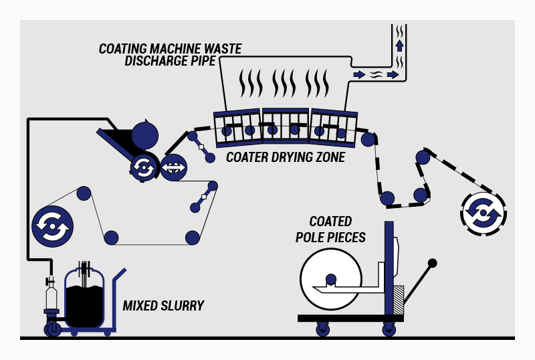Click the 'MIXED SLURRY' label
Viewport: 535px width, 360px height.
(163, 306)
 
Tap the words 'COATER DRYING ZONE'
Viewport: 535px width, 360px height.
(286, 158)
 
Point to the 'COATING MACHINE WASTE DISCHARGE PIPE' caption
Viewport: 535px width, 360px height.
(170, 55)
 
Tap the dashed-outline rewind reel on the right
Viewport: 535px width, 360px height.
(483, 212)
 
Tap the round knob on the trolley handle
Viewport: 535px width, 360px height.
(433, 262)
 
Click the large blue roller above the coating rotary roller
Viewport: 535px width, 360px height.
(144, 134)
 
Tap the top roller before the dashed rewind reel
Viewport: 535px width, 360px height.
(423, 157)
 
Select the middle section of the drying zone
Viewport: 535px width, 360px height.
(286, 126)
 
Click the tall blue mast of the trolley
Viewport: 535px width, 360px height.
(388, 268)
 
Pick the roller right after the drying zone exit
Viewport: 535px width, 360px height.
(367, 139)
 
